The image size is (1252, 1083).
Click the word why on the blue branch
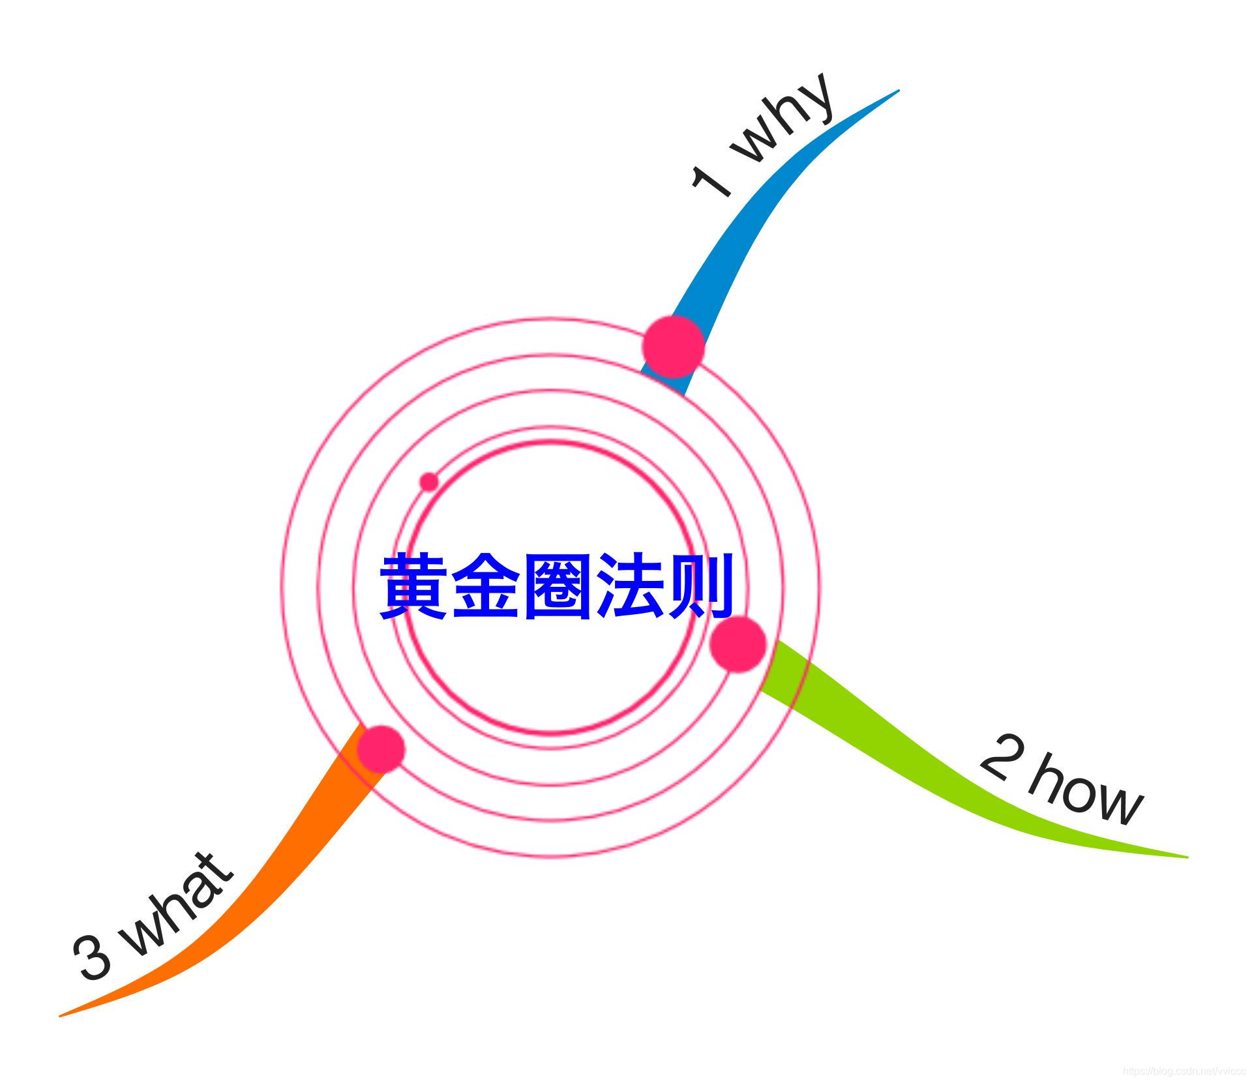tap(785, 121)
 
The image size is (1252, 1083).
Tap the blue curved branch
tap(750, 235)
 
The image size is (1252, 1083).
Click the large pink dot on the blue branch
tap(674, 347)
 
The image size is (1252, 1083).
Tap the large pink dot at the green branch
tap(738, 644)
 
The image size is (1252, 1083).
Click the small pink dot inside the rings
tap(428, 482)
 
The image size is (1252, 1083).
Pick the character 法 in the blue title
tap(627, 586)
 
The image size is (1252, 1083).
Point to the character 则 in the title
tap(699, 586)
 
